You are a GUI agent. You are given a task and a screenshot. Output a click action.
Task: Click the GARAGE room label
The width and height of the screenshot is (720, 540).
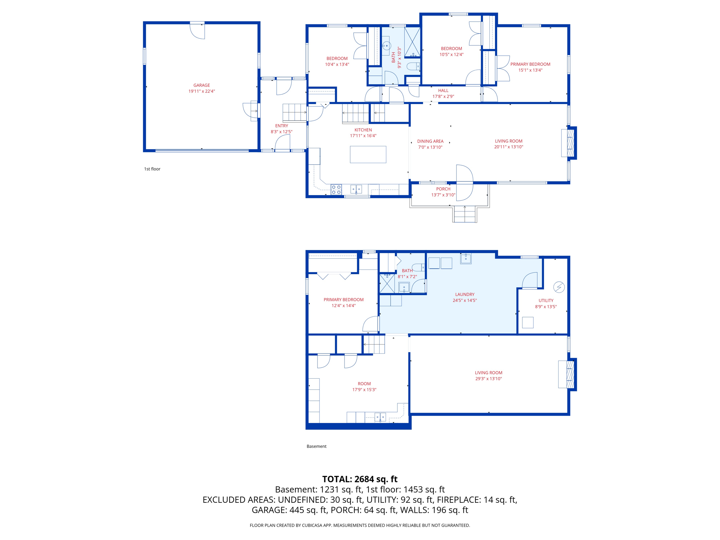click(201, 85)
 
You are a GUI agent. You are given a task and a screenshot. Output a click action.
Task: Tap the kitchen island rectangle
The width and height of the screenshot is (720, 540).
click(368, 154)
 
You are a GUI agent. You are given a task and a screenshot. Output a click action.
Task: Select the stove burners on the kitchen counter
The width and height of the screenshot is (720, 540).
click(336, 189)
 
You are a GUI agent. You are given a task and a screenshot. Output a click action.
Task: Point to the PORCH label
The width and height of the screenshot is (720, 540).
click(443, 189)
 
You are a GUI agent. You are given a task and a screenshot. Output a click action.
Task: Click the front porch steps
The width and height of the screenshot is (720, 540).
click(464, 214)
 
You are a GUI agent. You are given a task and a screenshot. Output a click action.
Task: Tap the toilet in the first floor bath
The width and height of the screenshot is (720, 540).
click(413, 66)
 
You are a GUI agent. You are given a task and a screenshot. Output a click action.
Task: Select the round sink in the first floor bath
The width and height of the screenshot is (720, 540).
click(386, 46)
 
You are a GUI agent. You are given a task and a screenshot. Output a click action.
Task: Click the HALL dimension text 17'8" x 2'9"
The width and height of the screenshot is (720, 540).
click(443, 96)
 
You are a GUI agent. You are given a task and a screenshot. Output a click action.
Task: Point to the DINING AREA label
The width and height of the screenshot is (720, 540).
click(430, 141)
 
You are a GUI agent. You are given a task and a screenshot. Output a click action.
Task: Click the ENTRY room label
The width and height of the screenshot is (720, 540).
click(281, 126)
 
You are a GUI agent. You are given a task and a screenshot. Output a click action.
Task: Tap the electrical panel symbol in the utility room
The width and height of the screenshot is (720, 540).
click(559, 287)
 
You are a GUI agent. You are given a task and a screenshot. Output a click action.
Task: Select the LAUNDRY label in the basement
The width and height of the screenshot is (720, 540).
click(464, 294)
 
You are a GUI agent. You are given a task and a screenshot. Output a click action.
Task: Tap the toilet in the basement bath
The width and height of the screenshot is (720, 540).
click(418, 267)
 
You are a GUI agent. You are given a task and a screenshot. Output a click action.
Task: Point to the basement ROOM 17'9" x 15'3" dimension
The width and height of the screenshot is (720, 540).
click(364, 390)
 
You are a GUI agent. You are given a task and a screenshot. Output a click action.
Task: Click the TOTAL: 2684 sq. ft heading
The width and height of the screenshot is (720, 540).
click(360, 479)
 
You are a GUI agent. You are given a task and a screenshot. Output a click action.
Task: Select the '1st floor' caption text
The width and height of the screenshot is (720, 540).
click(152, 169)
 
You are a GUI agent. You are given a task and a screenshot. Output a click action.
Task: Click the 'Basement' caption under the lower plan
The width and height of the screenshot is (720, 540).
click(316, 446)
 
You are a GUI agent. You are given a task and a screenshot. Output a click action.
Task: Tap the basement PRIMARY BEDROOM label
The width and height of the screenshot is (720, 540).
click(343, 300)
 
